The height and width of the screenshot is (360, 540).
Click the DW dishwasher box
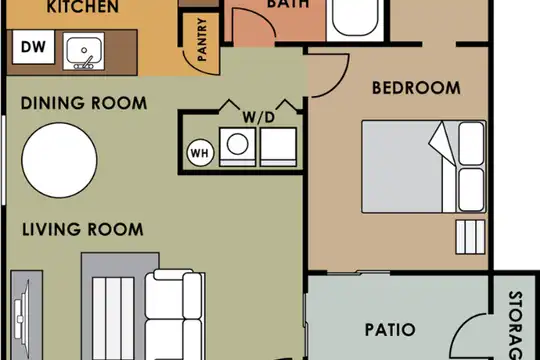[33, 47]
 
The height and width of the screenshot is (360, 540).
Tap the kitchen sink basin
[84, 51]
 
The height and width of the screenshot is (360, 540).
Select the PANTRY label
[202, 39]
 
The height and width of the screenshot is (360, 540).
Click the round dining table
[59, 160]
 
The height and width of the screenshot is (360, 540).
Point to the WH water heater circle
[200, 153]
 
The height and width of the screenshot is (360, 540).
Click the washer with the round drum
[237, 147]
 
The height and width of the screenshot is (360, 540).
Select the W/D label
[259, 117]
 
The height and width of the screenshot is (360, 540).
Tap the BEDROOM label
[416, 88]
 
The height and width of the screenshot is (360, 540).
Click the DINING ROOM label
[84, 103]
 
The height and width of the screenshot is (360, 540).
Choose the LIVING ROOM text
[83, 229]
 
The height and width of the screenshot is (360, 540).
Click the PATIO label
[390, 330]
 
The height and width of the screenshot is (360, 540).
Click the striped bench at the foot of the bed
[470, 237]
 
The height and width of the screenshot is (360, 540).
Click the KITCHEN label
[83, 7]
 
